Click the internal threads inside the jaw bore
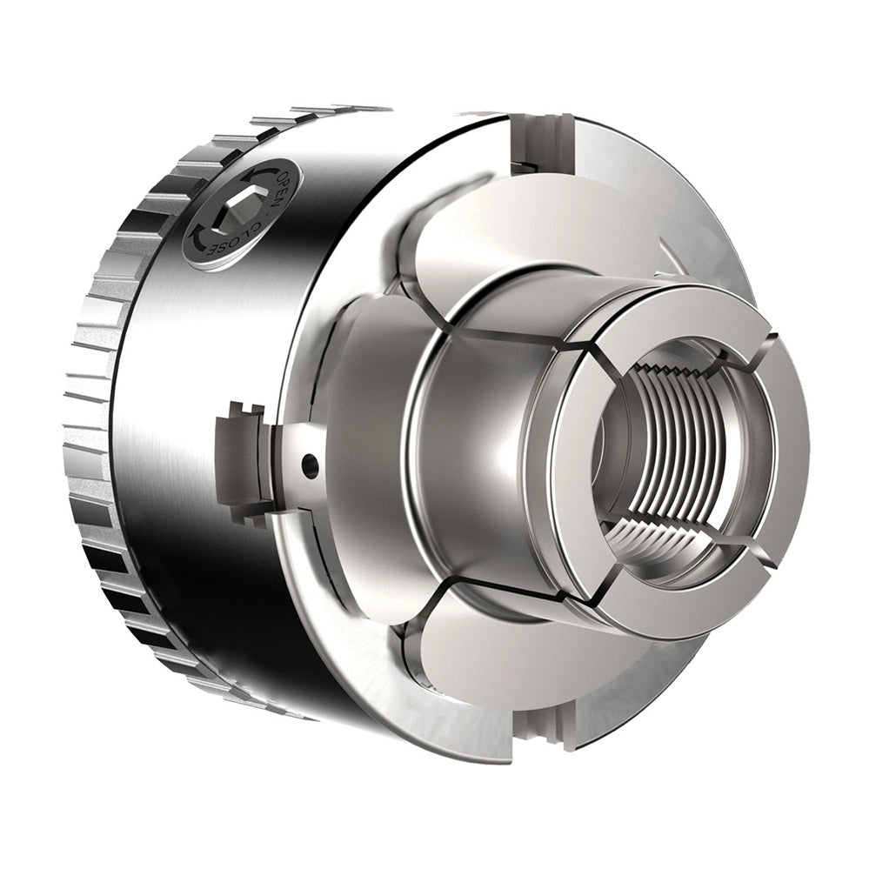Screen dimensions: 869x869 coord(673,449)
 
